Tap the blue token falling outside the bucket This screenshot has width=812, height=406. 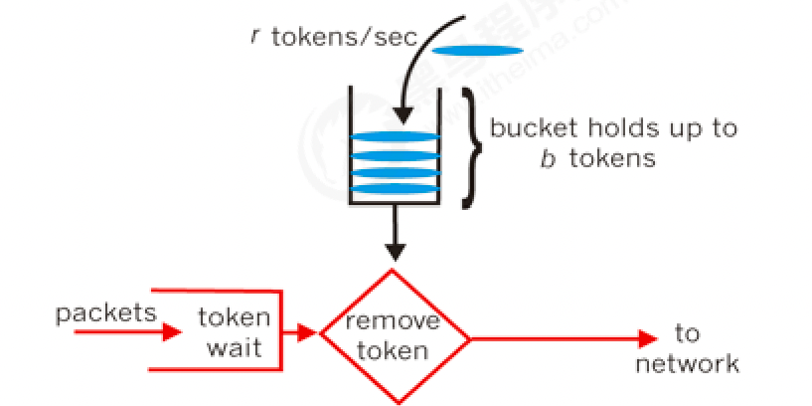click(477, 51)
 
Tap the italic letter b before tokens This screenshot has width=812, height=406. click(547, 158)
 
